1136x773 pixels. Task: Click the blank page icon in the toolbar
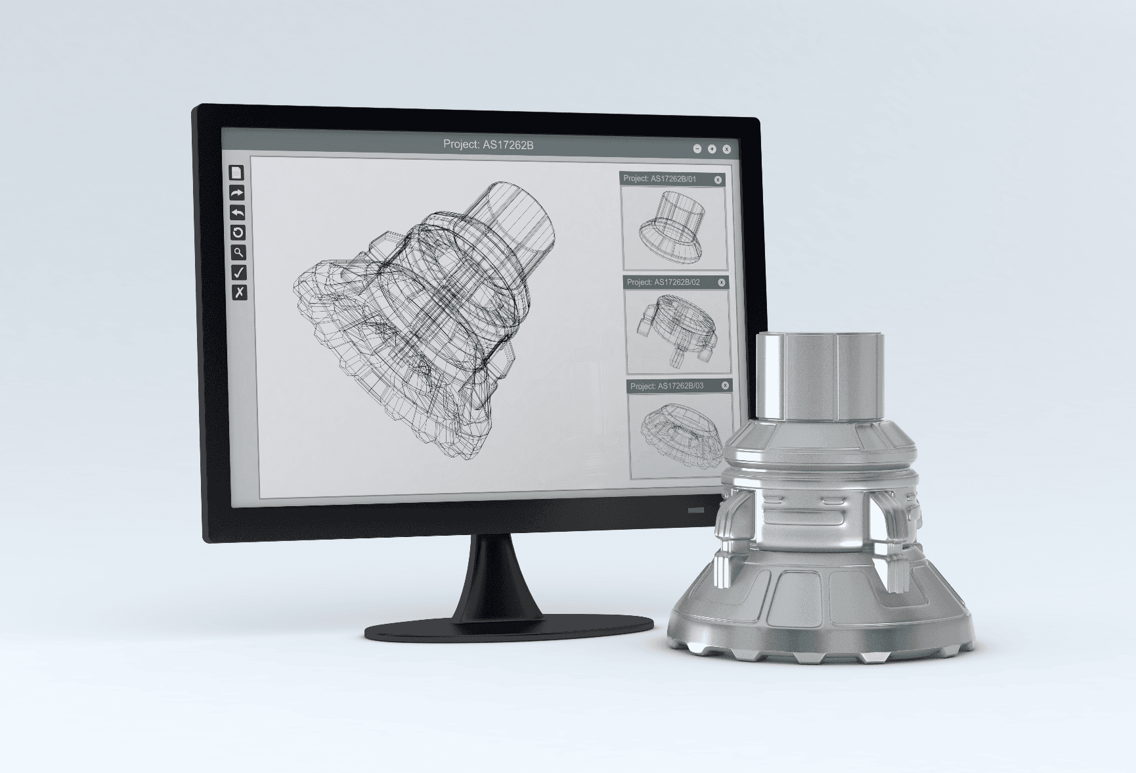coord(236,172)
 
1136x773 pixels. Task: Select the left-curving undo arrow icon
coord(237,212)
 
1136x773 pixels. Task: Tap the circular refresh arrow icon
coord(238,232)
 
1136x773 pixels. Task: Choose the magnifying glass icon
coord(238,252)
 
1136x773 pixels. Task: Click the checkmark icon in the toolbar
coord(239,272)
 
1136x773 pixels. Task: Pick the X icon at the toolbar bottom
coord(240,293)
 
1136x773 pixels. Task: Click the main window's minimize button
coord(697,149)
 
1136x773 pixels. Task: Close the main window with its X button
coord(726,149)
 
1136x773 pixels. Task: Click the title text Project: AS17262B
coord(489,145)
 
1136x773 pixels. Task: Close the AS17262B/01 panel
coord(718,179)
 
